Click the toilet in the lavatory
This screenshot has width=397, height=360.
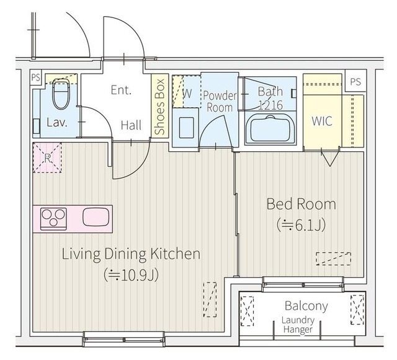[61, 94]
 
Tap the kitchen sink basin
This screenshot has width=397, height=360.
[96, 217]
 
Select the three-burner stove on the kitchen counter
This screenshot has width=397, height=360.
[54, 219]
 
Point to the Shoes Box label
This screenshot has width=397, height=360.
[160, 107]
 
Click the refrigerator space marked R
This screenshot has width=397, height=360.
[47, 158]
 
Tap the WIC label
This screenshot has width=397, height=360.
[322, 121]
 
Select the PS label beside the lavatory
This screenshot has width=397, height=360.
[36, 77]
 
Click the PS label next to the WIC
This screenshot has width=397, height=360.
[355, 81]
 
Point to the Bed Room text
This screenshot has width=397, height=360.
[301, 204]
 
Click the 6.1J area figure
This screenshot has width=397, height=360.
[301, 225]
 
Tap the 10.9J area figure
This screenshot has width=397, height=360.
[131, 275]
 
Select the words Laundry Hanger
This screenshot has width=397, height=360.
[298, 325]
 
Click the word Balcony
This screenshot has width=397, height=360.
[306, 306]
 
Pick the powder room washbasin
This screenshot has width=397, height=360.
[186, 127]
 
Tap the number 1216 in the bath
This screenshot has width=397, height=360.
[270, 105]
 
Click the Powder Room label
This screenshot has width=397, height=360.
[220, 102]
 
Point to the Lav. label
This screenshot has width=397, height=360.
[57, 123]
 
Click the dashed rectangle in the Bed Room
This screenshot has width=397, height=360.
[334, 258]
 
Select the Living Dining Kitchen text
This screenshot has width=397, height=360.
[131, 254]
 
